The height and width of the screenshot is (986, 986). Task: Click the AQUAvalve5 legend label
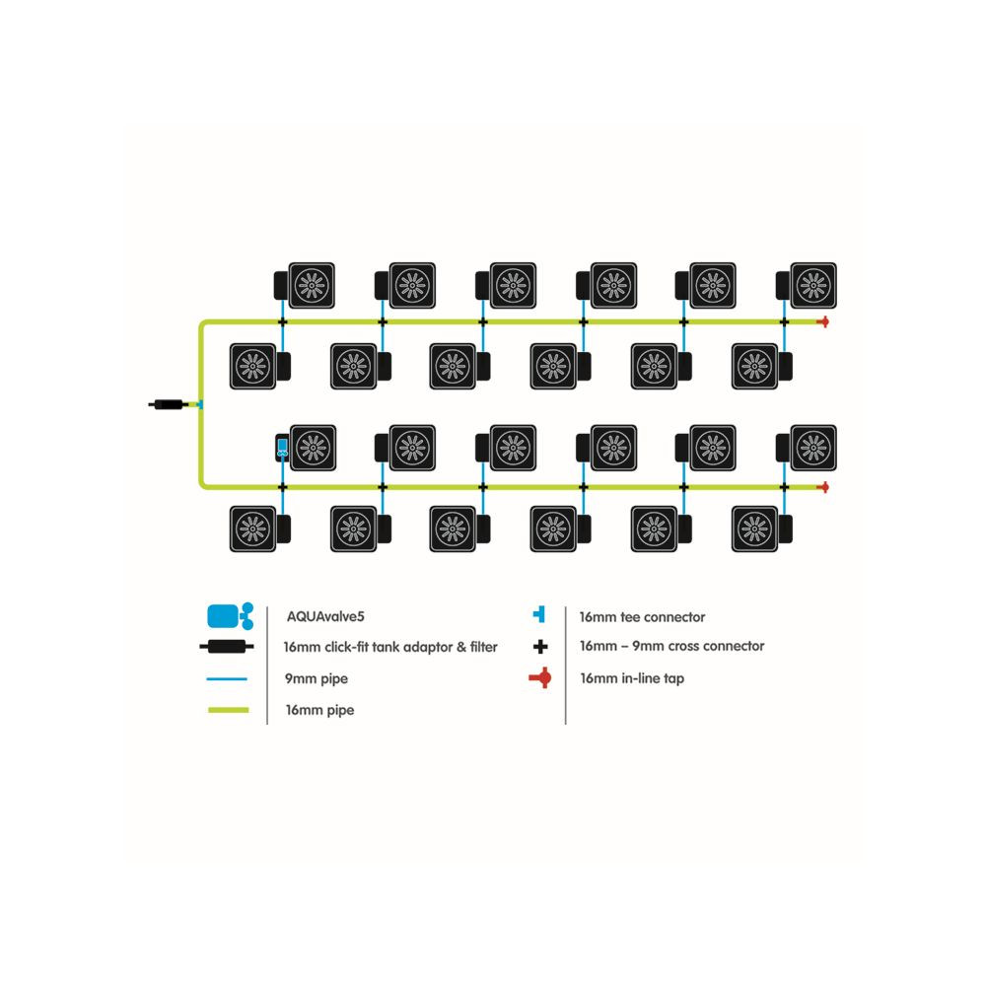[x=325, y=616]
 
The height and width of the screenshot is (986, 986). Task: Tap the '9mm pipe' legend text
[x=316, y=678]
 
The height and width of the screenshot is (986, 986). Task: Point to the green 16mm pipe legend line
[x=228, y=710]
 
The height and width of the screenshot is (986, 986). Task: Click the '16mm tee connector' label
[x=642, y=617]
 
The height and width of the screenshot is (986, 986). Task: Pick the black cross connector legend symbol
[x=538, y=647]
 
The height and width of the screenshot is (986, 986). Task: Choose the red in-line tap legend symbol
[x=539, y=678]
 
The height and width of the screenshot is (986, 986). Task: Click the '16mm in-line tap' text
[x=631, y=678]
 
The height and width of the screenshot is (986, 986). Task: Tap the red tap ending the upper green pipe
[x=821, y=321]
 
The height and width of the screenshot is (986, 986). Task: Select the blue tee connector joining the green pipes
[x=198, y=404]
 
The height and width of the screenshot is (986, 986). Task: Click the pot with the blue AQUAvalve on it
[x=307, y=448]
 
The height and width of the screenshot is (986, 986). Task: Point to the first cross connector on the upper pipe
[x=282, y=321]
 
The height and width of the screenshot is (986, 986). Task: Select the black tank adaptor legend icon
[x=228, y=647]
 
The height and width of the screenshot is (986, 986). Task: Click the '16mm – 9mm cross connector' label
[x=671, y=647]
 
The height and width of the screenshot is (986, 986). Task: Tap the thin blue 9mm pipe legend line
[x=228, y=678]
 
